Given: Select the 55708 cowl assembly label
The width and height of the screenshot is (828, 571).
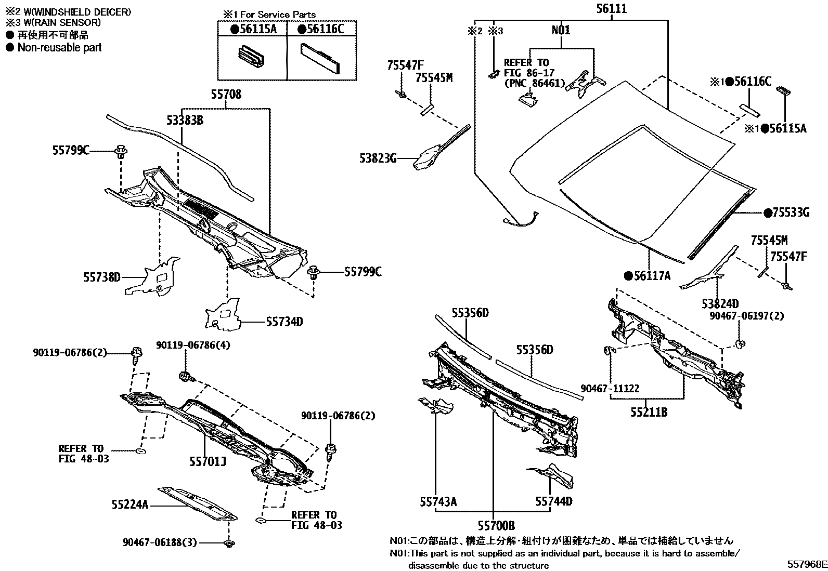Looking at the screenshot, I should click(x=226, y=95).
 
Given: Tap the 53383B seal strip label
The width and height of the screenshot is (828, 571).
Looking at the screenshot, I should click(x=185, y=121).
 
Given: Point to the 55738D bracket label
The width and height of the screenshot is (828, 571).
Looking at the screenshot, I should click(x=102, y=277).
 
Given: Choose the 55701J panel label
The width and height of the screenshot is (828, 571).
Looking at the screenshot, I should click(x=208, y=460).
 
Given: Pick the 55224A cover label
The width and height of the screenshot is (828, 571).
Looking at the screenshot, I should click(x=130, y=504).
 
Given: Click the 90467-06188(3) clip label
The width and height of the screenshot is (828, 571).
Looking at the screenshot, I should click(x=160, y=542).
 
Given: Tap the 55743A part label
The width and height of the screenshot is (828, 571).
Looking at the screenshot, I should click(x=438, y=501).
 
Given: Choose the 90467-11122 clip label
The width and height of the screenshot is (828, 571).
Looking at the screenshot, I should click(x=610, y=388).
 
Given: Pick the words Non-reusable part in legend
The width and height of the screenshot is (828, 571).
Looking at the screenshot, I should click(x=59, y=48).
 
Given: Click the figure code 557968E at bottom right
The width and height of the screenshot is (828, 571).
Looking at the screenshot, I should click(x=806, y=564).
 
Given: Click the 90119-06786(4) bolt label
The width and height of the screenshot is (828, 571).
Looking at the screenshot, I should click(x=193, y=345).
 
